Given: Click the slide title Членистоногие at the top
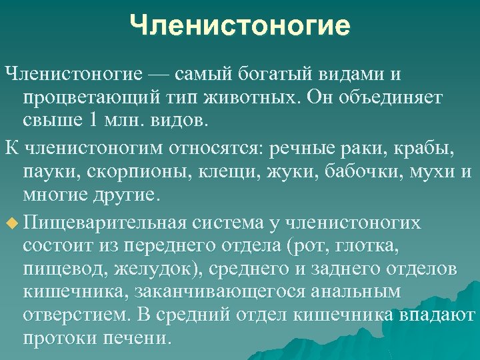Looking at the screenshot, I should [x=240, y=27].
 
